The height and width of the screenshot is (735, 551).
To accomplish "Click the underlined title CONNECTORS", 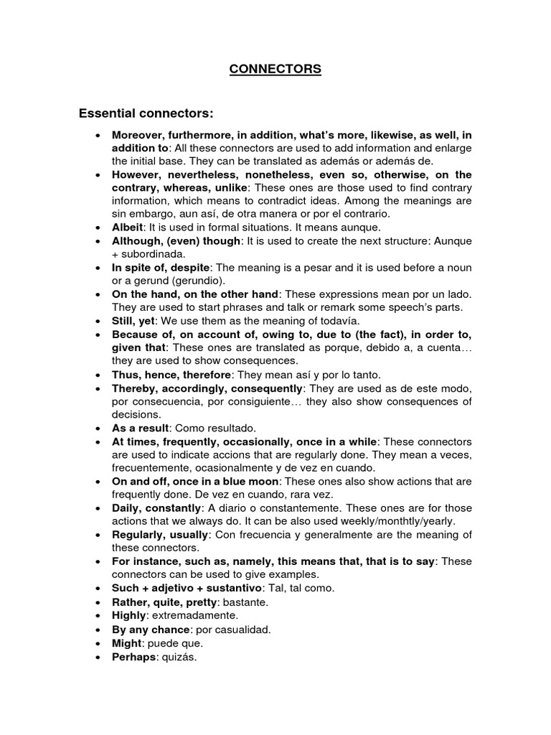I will (275, 70).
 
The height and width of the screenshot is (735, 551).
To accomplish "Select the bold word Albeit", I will (126, 226).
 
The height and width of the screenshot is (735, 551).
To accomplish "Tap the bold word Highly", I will (129, 615).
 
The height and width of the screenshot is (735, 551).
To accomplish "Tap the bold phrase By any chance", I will (147, 629).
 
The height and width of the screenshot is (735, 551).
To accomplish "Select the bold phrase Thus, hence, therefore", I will (170, 374).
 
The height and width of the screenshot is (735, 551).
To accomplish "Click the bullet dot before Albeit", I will (98, 227).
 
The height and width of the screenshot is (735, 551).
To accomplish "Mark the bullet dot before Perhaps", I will (98, 657).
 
